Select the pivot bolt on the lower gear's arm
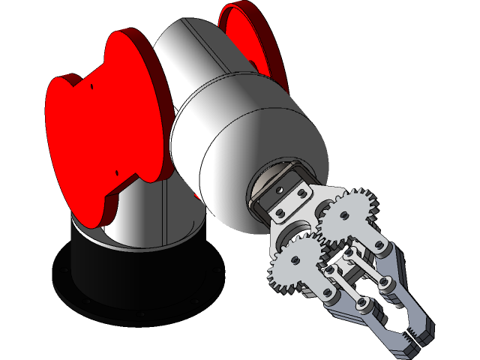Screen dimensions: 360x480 click(x=327, y=292)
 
